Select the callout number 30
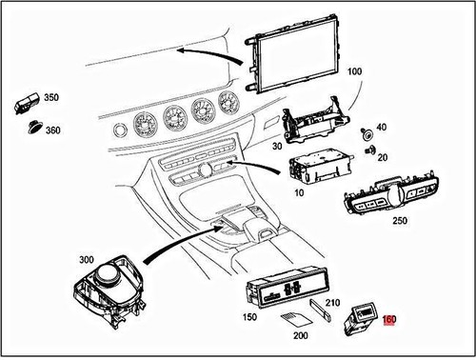tap(277, 147)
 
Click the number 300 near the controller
tap(86, 259)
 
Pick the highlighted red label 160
tap(389, 322)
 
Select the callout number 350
tap(50, 98)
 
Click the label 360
tap(52, 130)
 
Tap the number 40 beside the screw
tap(381, 128)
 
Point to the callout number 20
tap(381, 157)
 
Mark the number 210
tap(332, 304)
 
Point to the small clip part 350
tap(28, 102)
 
